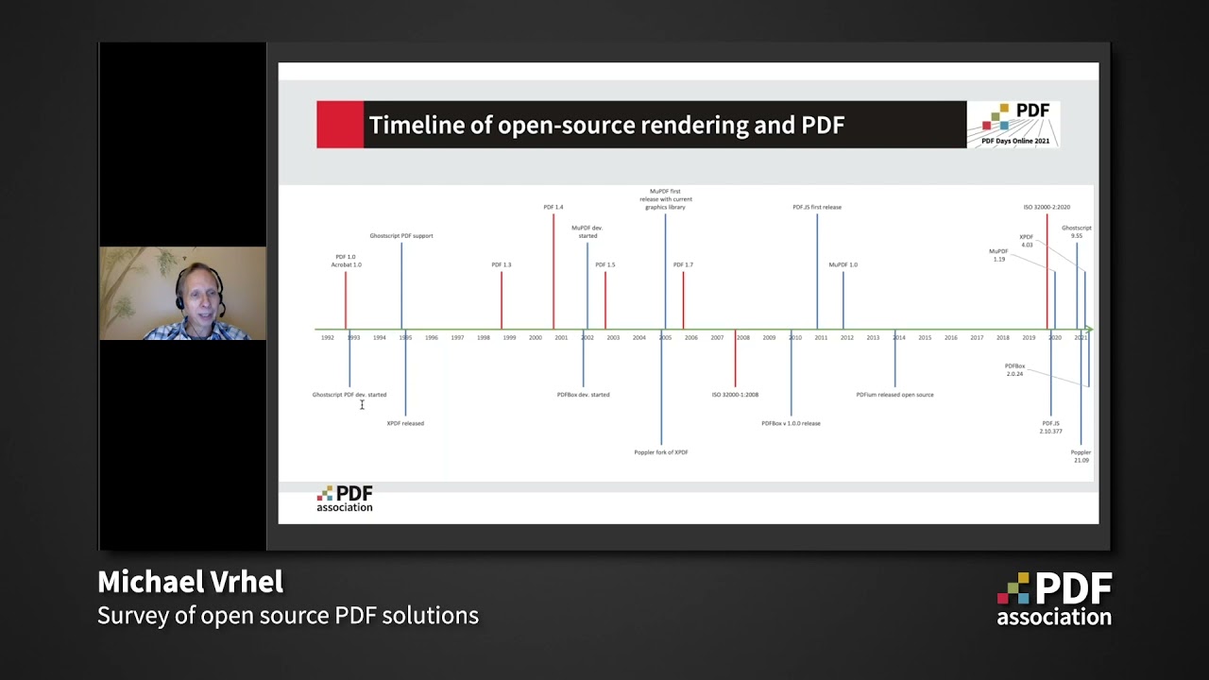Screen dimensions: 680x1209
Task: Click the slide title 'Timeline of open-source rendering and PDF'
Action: click(605, 125)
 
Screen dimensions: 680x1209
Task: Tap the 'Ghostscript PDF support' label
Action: click(401, 236)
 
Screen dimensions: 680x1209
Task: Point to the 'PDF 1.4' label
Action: click(553, 207)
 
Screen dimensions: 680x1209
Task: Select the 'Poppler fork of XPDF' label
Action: click(661, 452)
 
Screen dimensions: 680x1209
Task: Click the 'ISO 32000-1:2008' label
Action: click(735, 395)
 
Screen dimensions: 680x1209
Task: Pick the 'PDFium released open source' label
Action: click(894, 395)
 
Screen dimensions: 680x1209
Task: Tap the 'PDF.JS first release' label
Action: click(817, 207)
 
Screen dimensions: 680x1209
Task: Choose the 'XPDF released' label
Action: click(405, 423)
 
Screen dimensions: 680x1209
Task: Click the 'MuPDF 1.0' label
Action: click(843, 264)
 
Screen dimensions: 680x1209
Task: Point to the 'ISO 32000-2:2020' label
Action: click(1047, 207)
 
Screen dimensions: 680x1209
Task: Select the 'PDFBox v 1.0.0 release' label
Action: click(791, 423)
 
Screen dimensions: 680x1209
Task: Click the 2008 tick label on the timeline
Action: click(743, 338)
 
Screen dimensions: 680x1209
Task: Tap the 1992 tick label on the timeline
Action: click(327, 338)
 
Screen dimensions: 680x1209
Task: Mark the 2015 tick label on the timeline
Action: click(925, 338)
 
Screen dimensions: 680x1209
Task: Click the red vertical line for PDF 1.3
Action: click(502, 300)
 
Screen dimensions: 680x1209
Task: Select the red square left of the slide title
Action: click(340, 125)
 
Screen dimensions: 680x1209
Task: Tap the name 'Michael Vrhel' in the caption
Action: click(190, 582)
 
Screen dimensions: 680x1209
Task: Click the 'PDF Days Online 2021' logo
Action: click(1013, 125)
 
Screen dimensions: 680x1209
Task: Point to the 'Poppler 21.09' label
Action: click(1081, 456)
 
